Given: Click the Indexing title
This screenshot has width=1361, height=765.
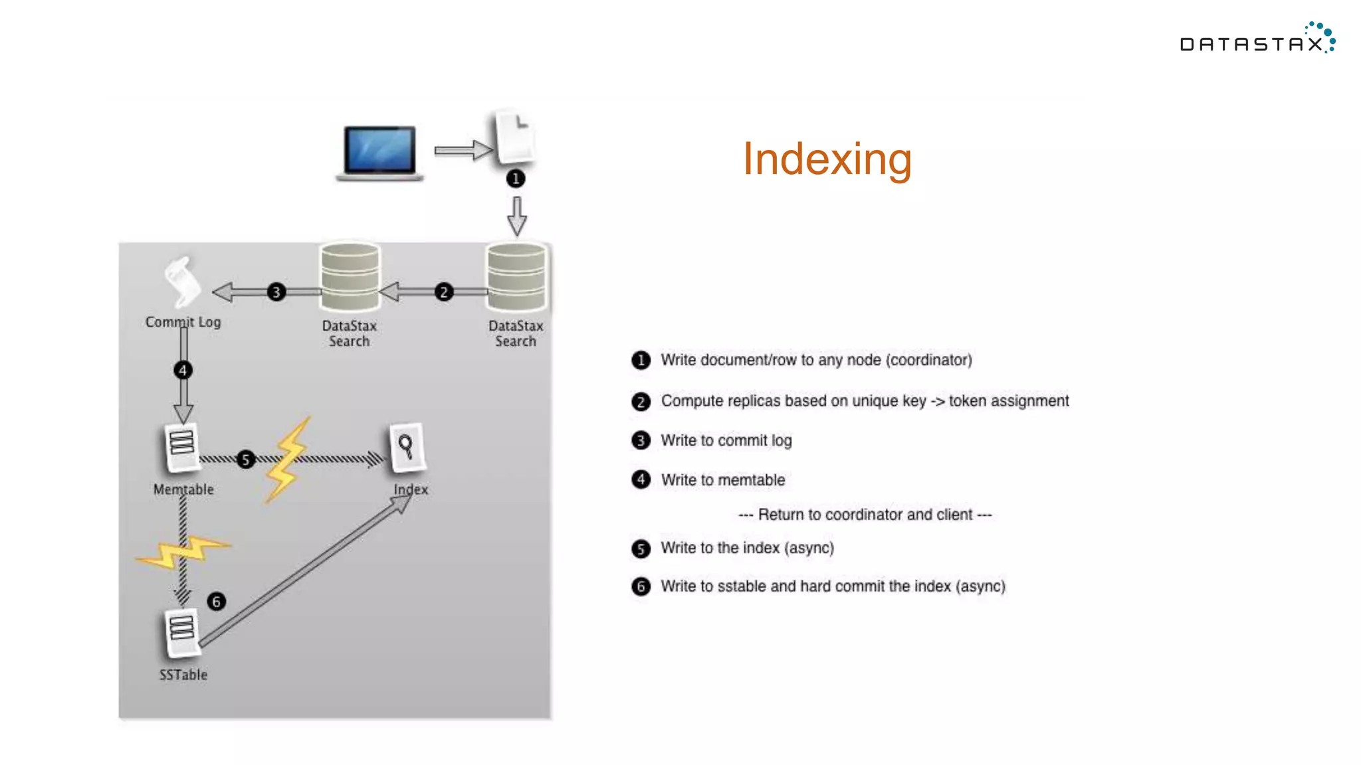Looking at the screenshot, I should click(x=827, y=159).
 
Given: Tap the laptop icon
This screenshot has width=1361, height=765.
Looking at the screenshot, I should click(x=379, y=153).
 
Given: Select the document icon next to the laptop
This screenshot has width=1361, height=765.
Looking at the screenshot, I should click(x=515, y=138).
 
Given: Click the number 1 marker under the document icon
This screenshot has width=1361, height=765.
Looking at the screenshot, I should click(x=516, y=179).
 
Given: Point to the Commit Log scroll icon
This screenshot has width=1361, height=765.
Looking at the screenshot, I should click(x=181, y=282).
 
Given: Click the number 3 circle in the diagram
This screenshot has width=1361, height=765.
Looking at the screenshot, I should click(x=276, y=292).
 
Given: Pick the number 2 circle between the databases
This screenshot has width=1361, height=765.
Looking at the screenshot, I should click(x=444, y=292).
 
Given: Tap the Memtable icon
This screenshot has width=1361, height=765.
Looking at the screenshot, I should click(x=181, y=447).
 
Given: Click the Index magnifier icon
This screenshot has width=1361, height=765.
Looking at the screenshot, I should click(x=406, y=447).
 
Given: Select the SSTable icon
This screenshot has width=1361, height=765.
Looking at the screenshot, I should click(x=181, y=631).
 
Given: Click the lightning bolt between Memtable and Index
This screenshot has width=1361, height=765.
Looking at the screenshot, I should click(x=288, y=460).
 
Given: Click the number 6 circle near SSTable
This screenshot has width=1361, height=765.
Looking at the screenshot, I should click(x=216, y=602).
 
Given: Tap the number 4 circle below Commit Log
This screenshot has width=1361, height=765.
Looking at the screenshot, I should click(x=183, y=370).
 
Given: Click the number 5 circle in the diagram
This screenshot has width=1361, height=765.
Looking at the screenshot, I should click(x=246, y=460).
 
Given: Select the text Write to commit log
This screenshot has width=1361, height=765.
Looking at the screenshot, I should click(x=726, y=441).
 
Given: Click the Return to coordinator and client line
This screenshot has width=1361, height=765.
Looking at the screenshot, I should click(x=865, y=515).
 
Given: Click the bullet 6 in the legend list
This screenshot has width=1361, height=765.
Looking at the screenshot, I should click(x=641, y=587).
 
